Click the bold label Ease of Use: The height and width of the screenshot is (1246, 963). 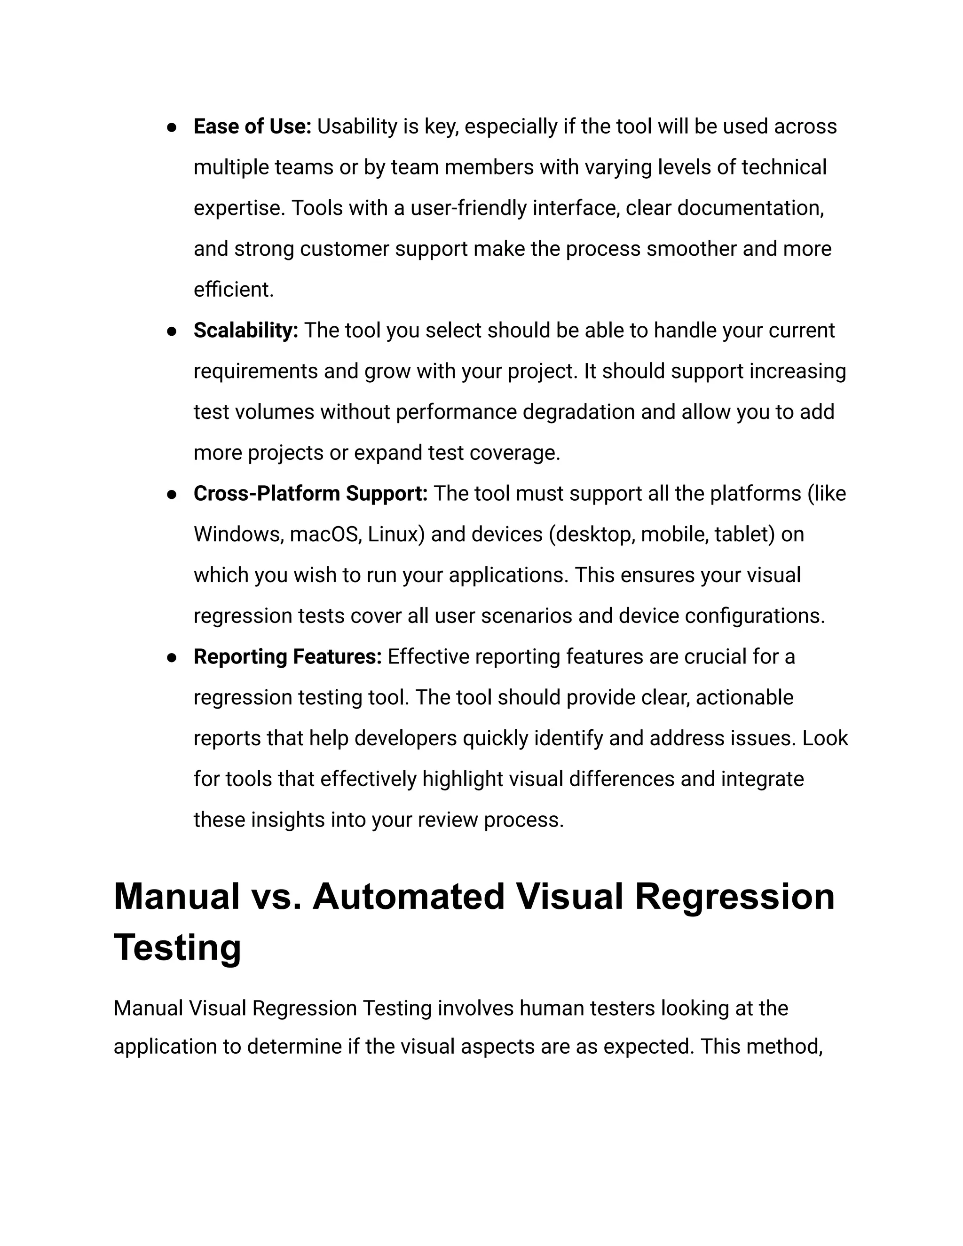pos(252,126)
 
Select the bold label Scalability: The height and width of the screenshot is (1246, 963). pos(246,331)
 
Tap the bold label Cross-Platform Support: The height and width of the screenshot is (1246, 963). pos(310,494)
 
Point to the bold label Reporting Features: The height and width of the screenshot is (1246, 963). pos(287,657)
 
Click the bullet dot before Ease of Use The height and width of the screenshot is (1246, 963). pos(171,128)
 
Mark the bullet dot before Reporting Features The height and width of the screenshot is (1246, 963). pos(171,658)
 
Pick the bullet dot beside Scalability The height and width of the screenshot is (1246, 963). pos(171,331)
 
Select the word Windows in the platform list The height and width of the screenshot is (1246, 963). pos(238,535)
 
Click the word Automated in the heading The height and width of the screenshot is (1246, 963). pos(409,896)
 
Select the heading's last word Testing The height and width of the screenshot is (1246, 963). pos(177,947)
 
